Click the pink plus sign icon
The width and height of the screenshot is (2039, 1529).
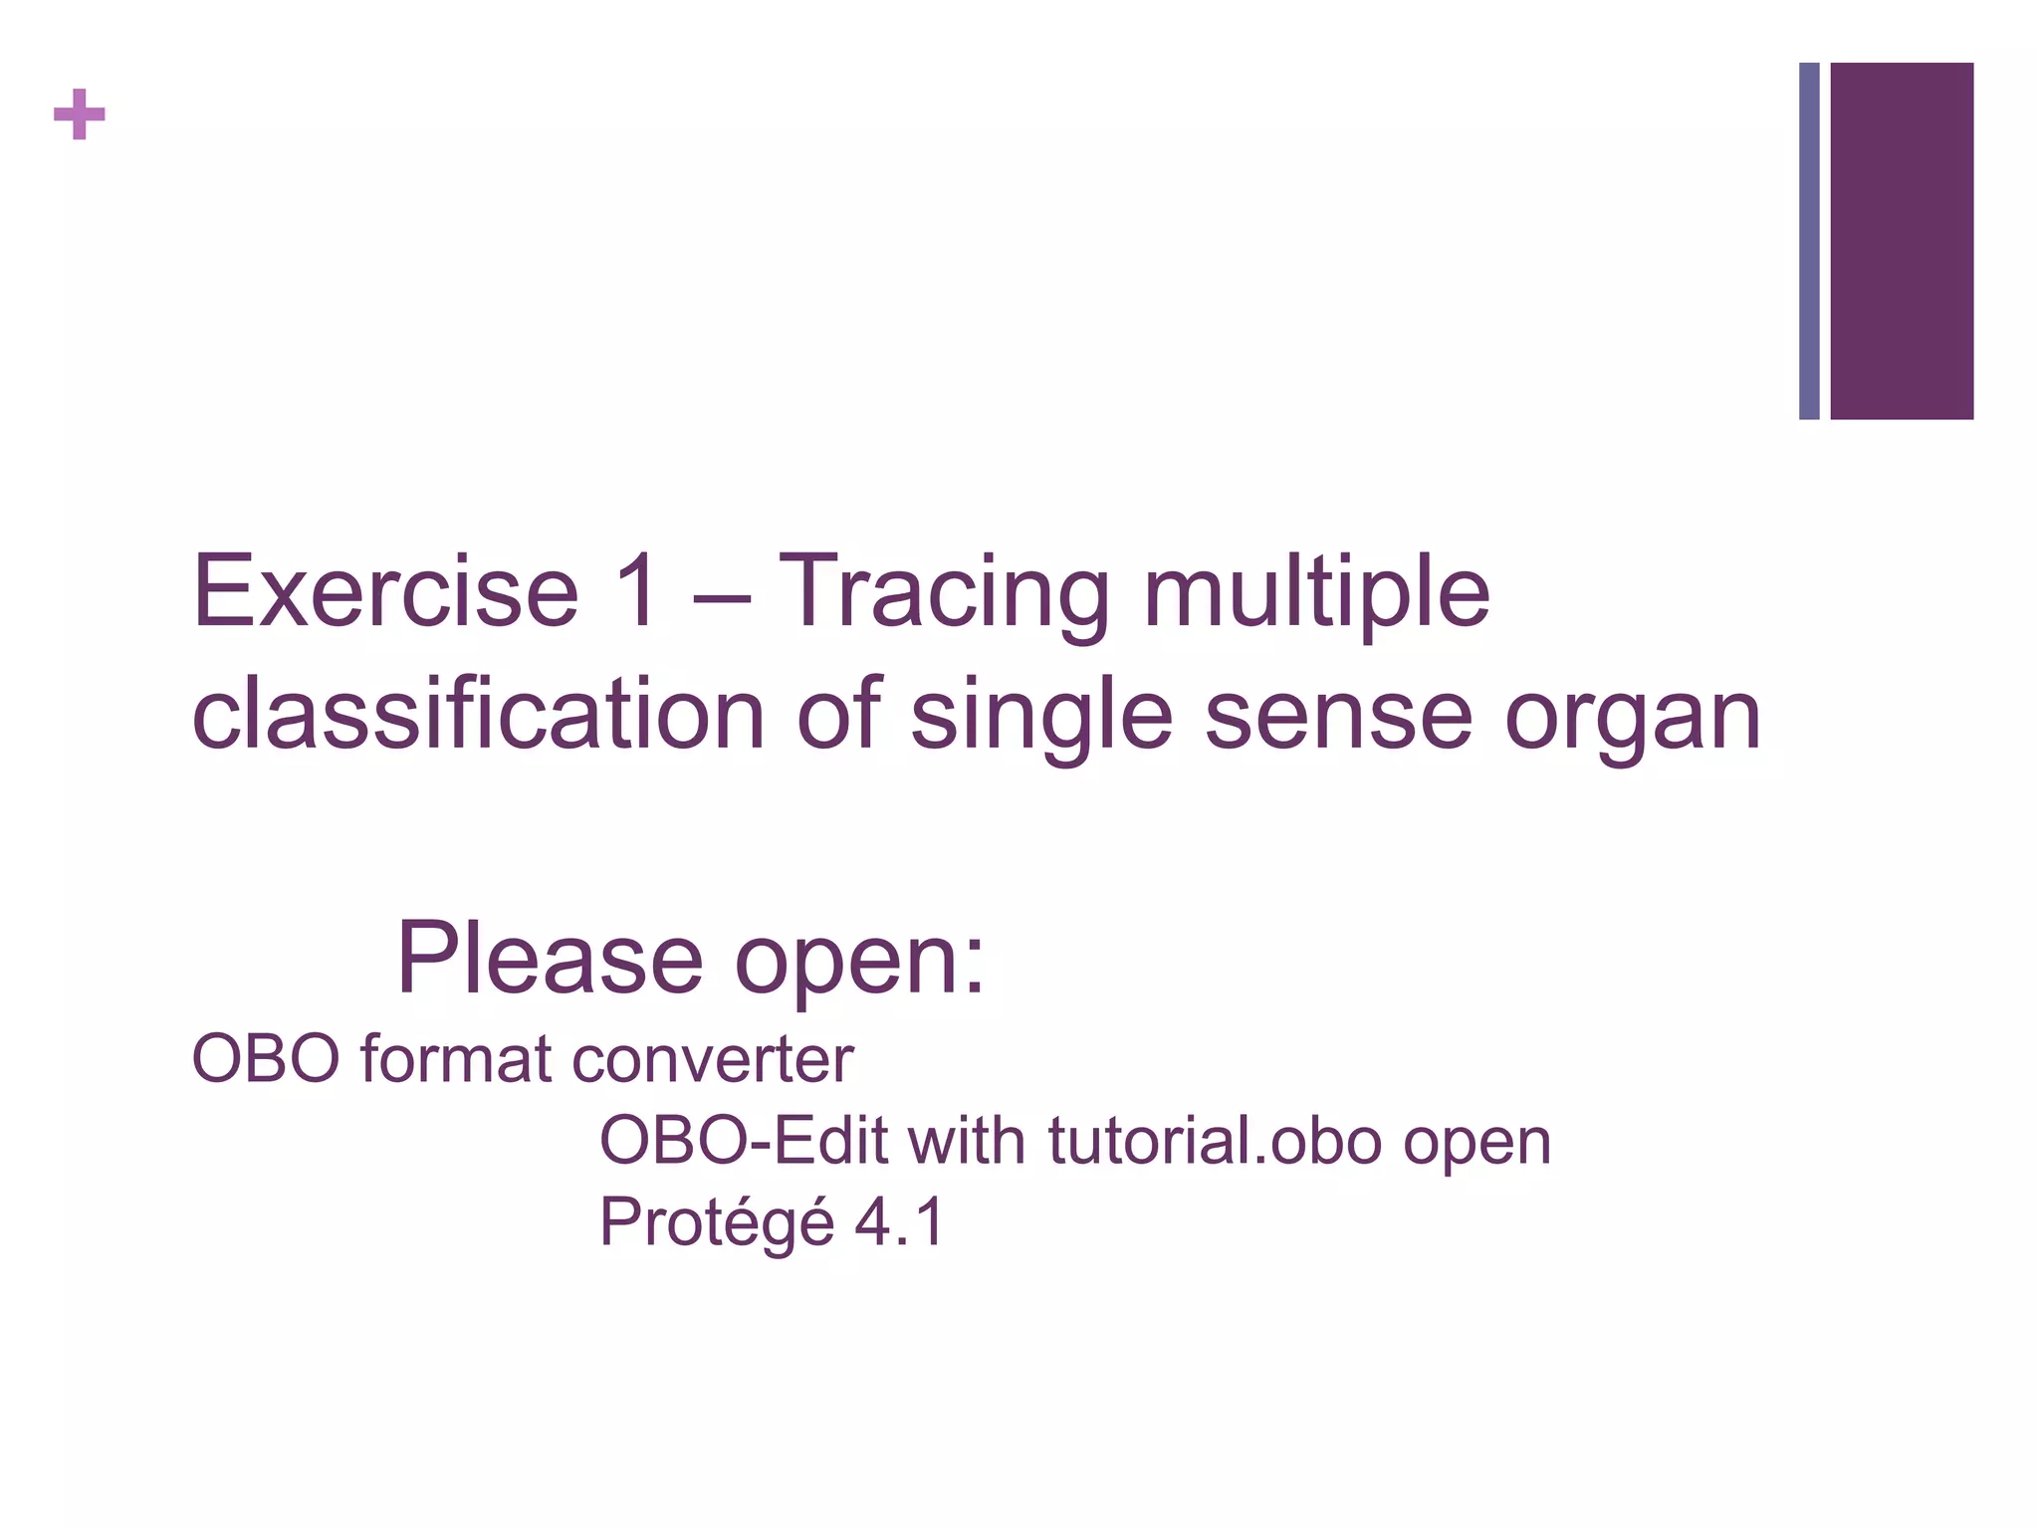click(79, 114)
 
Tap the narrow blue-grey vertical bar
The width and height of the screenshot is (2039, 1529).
click(1809, 241)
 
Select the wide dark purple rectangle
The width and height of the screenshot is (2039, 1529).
click(1902, 241)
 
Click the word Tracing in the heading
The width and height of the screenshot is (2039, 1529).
click(943, 594)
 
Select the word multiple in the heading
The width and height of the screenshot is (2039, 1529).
click(1316, 594)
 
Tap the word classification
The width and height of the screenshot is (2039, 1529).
click(478, 715)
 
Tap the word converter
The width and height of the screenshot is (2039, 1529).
click(713, 1059)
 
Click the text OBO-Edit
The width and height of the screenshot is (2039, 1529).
click(743, 1141)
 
